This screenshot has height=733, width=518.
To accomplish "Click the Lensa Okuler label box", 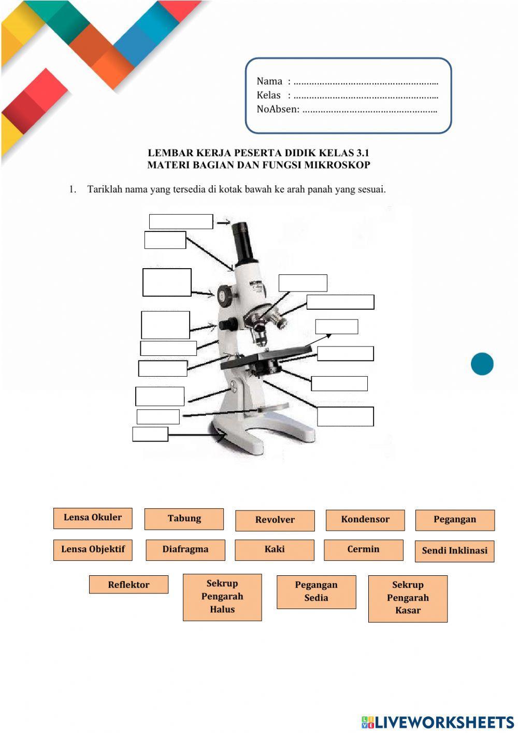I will coord(93,518).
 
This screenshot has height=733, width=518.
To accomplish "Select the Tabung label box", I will coord(184,519).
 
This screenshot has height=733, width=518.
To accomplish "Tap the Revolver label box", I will coord(275,520).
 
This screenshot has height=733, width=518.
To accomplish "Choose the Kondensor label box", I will coord(365,520).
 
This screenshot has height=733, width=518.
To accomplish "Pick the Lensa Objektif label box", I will coord(93,550).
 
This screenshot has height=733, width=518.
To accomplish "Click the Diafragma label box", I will coord(185,550).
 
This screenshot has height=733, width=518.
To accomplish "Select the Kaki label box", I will coord(275,550).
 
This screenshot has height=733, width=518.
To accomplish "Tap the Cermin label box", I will coord(363,550).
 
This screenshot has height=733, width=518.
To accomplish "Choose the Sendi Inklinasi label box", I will coord(454,551).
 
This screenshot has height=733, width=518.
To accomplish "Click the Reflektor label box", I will coord(128,585).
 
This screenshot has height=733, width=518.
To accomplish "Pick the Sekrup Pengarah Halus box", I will coord(222,597).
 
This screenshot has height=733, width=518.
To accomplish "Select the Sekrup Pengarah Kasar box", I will coord(408,598).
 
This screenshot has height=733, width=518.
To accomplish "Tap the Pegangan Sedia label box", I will coord(316,591).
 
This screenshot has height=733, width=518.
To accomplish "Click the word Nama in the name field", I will coord(269,81).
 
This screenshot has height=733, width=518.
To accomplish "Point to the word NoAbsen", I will coord(278,109).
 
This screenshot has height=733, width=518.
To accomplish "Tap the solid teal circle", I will coord(482,364).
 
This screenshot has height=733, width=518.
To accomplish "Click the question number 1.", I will coord(73,189).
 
